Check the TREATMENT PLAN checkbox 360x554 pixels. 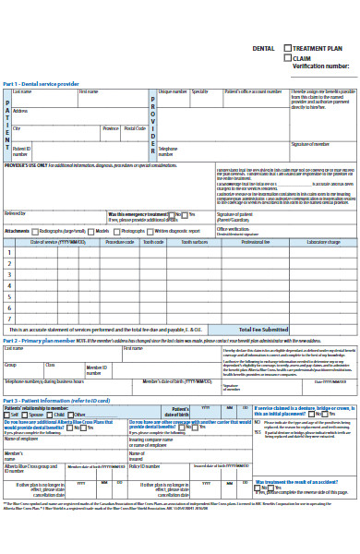tap(289, 47)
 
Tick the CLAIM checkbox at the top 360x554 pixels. tap(289, 57)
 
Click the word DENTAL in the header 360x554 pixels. tap(263, 47)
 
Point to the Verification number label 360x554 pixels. tap(320, 66)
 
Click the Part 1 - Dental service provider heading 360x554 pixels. tap(41, 84)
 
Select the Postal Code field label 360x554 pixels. tap(135, 128)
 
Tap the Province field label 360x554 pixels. tap(111, 128)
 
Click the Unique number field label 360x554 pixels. tap(173, 91)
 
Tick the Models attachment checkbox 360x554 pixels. tap(92, 231)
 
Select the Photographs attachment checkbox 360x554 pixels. tap(117, 231)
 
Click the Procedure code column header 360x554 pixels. tap(120, 241)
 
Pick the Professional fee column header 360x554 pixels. tap(256, 241)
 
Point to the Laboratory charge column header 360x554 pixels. tap(323, 241)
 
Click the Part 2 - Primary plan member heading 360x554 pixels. tap(42, 340)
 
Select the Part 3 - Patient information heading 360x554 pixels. tap(55, 400)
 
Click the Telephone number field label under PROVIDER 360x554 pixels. tap(168, 150)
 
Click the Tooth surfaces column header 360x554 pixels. tap(194, 241)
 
